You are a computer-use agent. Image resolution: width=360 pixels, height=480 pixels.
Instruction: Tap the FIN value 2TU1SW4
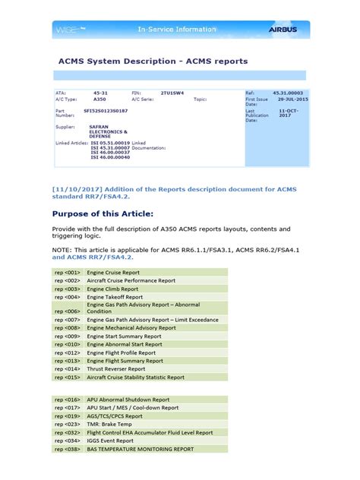click(x=172, y=91)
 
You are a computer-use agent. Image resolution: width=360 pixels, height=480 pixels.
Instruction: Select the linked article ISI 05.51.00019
click(x=109, y=142)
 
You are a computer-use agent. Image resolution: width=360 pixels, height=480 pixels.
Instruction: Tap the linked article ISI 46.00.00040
click(x=109, y=157)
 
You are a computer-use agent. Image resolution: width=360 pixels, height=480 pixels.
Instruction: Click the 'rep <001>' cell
click(x=68, y=271)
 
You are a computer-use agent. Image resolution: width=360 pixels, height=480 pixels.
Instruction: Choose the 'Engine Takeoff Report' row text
click(x=116, y=298)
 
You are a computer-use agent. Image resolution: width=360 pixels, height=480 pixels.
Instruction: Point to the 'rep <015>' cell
click(x=68, y=377)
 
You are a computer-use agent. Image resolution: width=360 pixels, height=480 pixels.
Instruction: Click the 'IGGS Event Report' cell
click(x=113, y=441)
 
